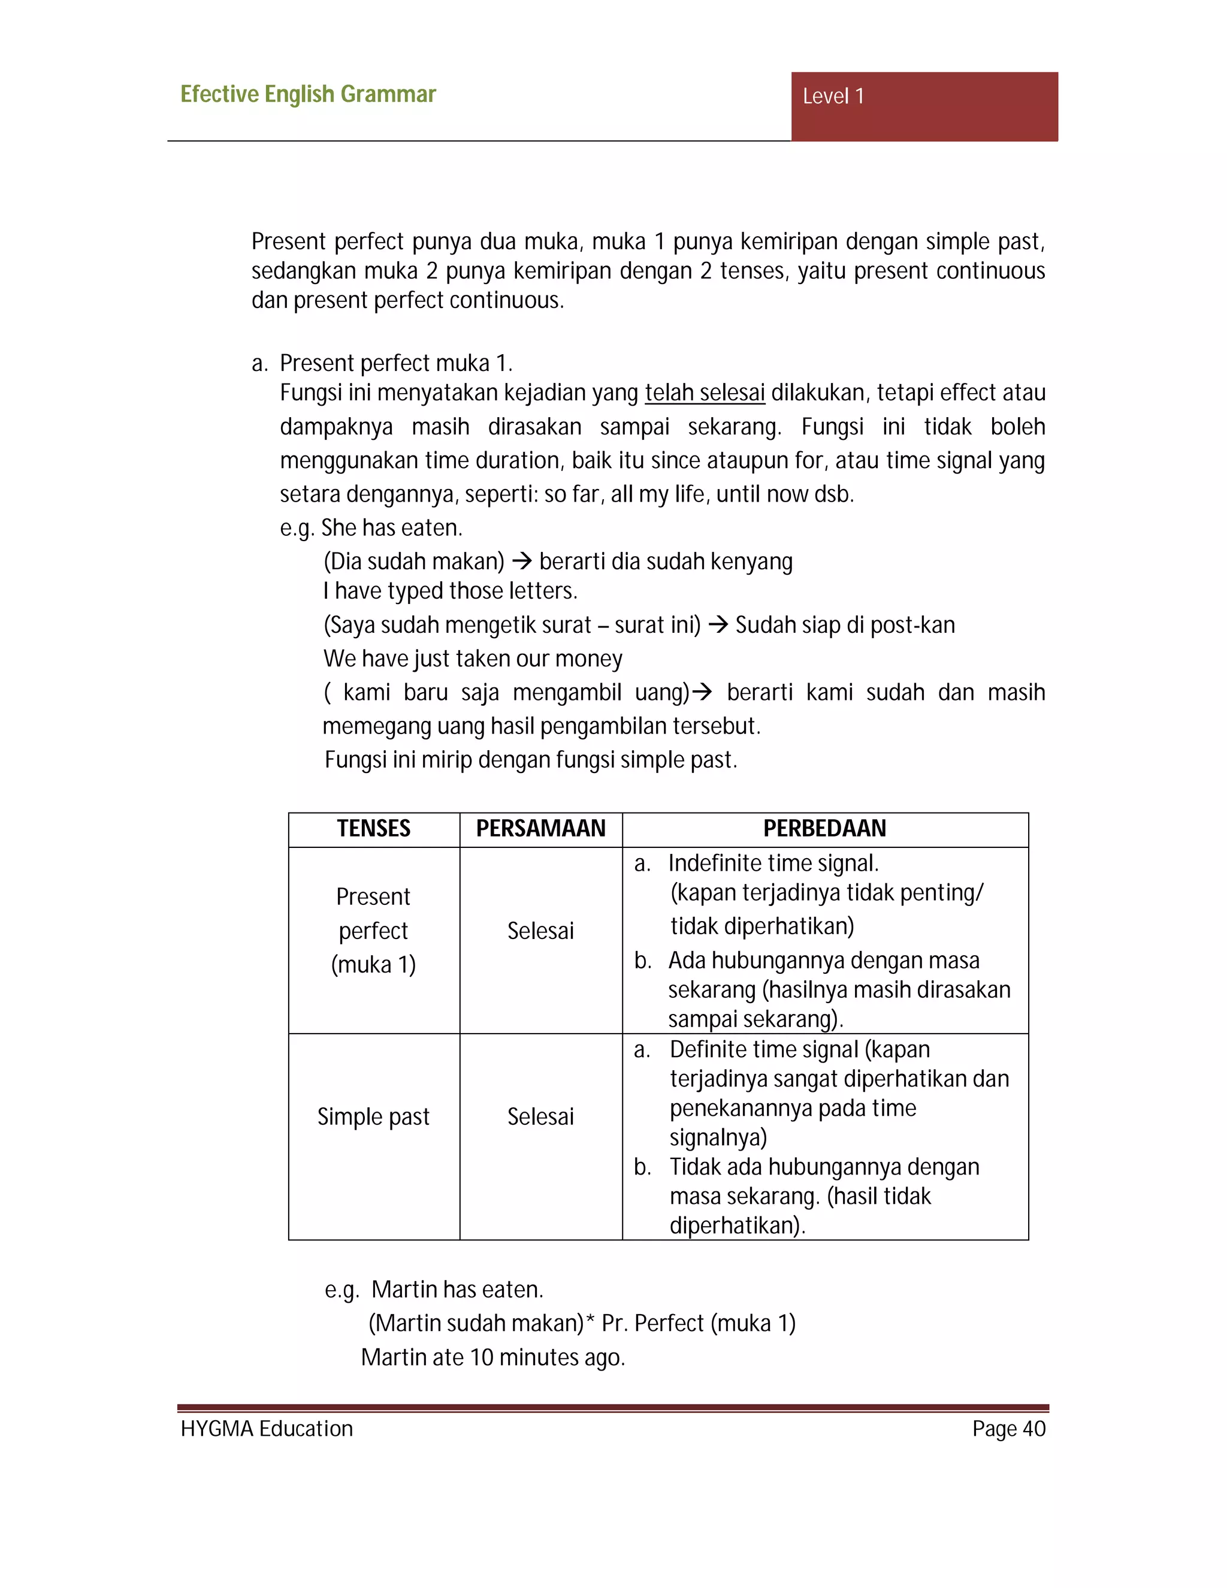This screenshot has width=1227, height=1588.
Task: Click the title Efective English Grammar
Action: point(307,95)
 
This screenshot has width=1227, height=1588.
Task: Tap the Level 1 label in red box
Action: point(833,96)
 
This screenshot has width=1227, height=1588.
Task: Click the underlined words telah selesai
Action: point(705,393)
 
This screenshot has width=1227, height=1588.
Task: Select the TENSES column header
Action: point(374,828)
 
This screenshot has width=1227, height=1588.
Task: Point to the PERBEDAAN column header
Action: point(824,828)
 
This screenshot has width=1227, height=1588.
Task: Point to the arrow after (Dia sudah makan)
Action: point(521,561)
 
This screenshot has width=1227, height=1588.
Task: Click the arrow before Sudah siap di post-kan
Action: point(718,624)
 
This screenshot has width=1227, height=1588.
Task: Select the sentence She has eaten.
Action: point(392,528)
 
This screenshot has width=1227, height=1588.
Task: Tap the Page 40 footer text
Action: point(1008,1429)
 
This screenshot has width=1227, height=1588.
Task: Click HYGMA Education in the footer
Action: point(266,1429)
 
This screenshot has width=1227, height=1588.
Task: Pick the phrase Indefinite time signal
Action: point(773,863)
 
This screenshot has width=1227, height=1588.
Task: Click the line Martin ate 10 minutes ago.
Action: point(493,1357)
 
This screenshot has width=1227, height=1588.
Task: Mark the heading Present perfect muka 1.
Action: point(395,363)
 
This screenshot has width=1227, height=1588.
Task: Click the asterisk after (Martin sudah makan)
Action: point(590,1320)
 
